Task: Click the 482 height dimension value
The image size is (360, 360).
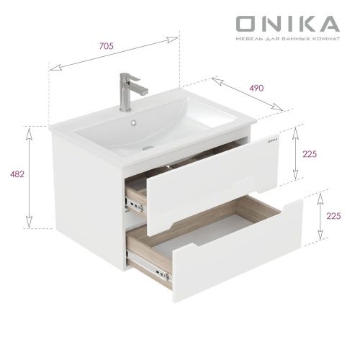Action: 12,174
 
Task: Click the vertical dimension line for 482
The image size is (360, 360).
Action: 29,176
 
